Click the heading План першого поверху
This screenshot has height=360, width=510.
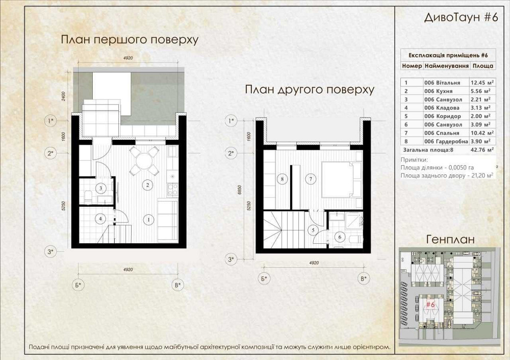coord(129,40)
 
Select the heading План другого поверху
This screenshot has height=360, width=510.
coord(310,90)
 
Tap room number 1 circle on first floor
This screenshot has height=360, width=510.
coord(148,220)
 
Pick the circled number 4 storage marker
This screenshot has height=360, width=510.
coord(101,219)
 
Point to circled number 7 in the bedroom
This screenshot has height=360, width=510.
coord(309,178)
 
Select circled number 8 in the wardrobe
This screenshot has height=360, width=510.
coord(280,178)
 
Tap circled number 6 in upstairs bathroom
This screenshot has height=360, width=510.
coord(339,236)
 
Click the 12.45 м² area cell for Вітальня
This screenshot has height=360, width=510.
coord(481,83)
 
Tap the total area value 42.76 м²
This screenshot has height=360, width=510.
coord(481,150)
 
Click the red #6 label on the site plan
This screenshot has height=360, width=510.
coord(430,304)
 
